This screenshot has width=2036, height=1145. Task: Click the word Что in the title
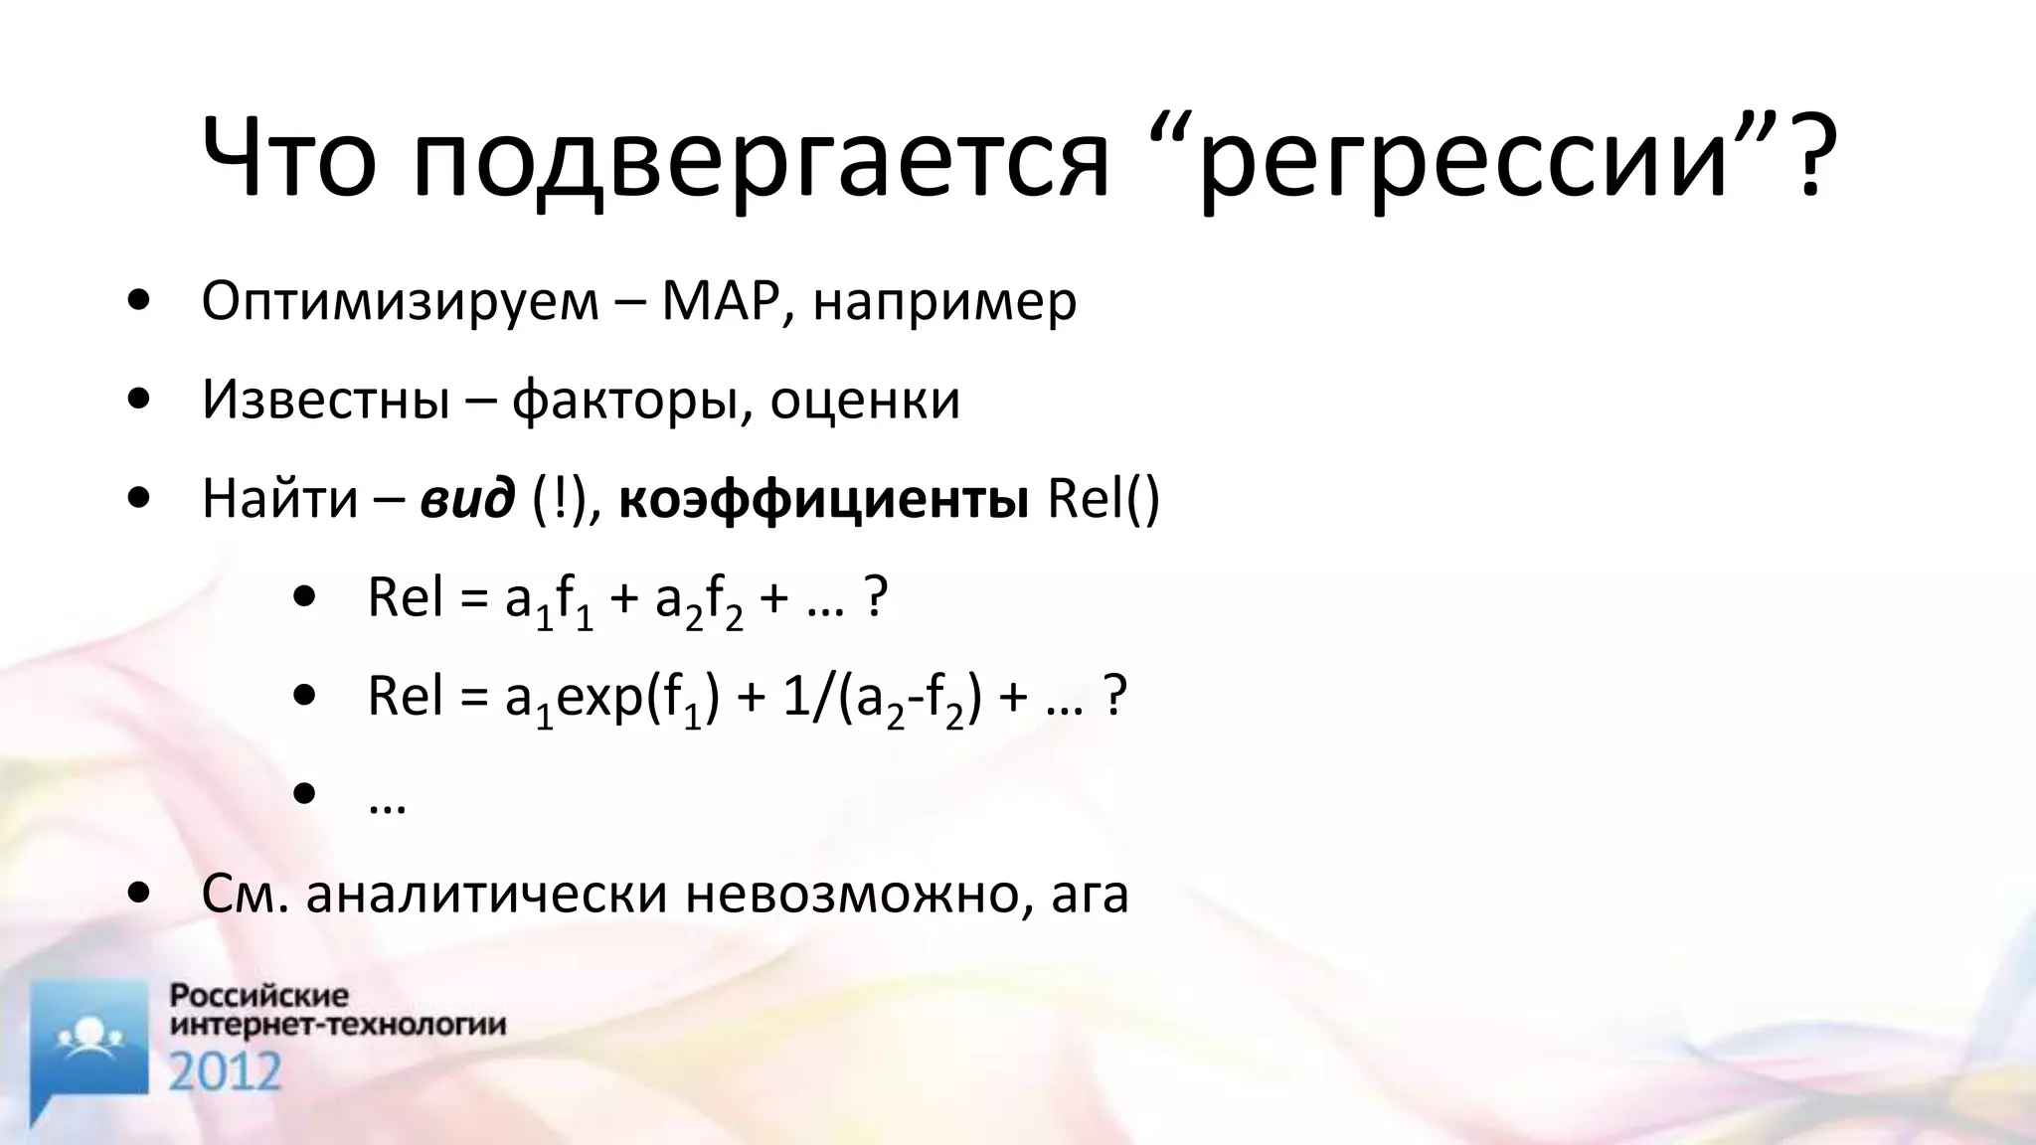[x=288, y=159]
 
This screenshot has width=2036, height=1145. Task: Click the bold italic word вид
[x=467, y=499]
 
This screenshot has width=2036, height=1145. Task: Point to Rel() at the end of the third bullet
[x=1103, y=499]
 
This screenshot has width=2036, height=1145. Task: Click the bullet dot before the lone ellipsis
[x=305, y=794]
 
